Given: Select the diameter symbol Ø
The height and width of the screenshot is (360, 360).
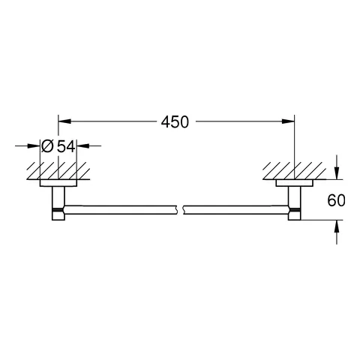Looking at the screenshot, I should point(46,148).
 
